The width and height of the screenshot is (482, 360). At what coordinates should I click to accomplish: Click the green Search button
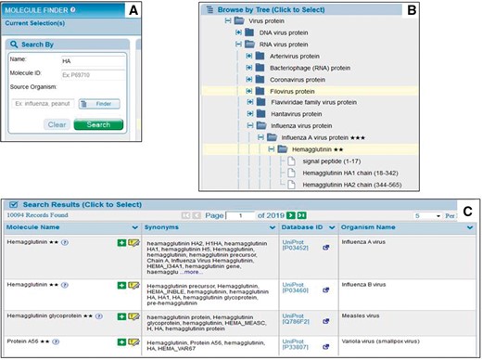point(91,123)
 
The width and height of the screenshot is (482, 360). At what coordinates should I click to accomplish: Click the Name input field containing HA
point(90,60)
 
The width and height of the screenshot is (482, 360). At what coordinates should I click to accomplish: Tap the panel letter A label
point(133,11)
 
